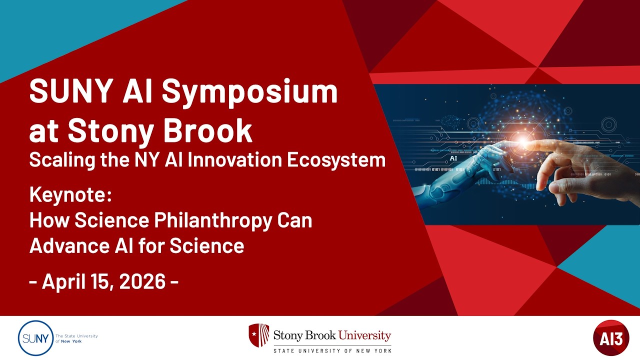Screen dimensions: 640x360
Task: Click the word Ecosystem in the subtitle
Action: (x=336, y=160)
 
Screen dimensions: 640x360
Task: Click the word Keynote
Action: (x=70, y=195)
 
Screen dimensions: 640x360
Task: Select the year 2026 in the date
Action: (x=142, y=281)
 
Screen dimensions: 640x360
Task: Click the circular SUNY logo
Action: (x=35, y=338)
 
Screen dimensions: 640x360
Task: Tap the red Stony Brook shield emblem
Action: (x=259, y=335)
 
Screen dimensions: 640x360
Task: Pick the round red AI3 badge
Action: (x=611, y=337)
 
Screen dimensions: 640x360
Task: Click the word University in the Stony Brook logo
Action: (x=364, y=335)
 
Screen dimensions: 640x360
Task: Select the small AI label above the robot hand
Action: (x=453, y=158)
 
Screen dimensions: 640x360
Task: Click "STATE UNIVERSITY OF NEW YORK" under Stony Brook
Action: (x=332, y=350)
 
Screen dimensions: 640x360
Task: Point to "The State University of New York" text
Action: (x=76, y=338)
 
